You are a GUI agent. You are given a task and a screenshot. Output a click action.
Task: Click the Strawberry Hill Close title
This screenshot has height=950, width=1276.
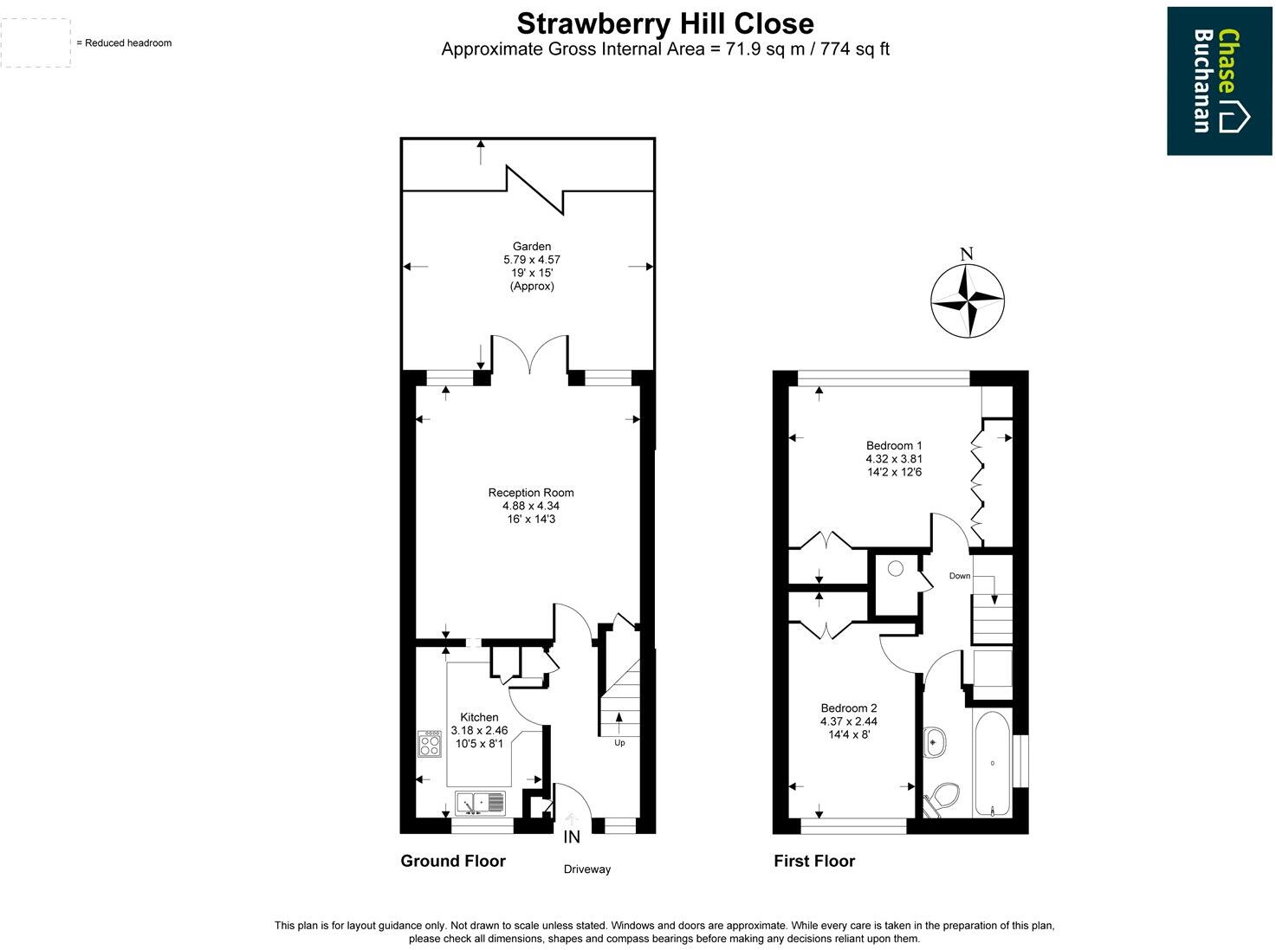pyautogui.click(x=664, y=22)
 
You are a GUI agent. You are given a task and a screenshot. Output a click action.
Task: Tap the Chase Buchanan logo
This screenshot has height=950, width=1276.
pyautogui.click(x=1221, y=81)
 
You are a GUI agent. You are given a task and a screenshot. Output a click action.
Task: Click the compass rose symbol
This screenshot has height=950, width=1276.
pyautogui.click(x=967, y=301)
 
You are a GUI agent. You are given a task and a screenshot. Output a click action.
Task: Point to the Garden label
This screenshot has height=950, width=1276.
pyautogui.click(x=531, y=247)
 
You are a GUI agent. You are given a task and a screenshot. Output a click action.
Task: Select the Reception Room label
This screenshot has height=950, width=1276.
pyautogui.click(x=531, y=493)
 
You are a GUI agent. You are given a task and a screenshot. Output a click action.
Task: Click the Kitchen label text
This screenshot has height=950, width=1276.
pyautogui.click(x=479, y=717)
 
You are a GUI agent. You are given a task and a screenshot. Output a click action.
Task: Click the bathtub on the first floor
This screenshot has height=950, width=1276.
pyautogui.click(x=992, y=764)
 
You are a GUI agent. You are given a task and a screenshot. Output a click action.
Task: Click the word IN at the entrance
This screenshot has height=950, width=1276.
pyautogui.click(x=572, y=837)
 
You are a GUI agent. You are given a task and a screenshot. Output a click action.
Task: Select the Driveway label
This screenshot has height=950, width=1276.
pyautogui.click(x=586, y=869)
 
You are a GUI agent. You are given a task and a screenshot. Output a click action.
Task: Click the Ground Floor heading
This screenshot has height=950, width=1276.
pyautogui.click(x=453, y=861)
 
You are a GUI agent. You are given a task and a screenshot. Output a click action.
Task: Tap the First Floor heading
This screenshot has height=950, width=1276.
pyautogui.click(x=814, y=861)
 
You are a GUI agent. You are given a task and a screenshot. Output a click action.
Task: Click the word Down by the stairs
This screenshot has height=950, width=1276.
pyautogui.click(x=959, y=576)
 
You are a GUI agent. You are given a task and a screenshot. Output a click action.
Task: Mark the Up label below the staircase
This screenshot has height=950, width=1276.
pyautogui.click(x=619, y=743)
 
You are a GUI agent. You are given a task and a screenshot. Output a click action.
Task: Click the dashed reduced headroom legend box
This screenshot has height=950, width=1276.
pyautogui.click(x=36, y=42)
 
